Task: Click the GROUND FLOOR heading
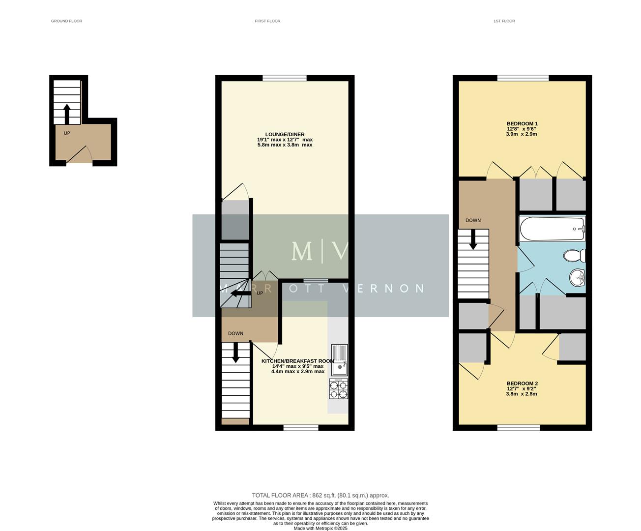point(66,21)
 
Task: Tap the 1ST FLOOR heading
point(504,21)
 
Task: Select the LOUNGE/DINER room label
point(285,134)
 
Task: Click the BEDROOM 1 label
point(522,124)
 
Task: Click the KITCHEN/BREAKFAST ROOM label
point(297,361)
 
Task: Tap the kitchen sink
point(339,360)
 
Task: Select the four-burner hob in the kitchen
point(338,389)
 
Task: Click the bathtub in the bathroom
point(552,229)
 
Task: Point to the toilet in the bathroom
point(574,256)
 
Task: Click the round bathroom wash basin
point(578,278)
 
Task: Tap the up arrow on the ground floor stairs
point(67,113)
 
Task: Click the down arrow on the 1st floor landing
point(473,240)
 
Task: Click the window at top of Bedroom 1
point(523,78)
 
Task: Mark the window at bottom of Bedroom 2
point(518,428)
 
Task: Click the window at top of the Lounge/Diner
point(285,78)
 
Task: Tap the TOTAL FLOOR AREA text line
point(320,495)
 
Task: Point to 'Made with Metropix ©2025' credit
point(320,528)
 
